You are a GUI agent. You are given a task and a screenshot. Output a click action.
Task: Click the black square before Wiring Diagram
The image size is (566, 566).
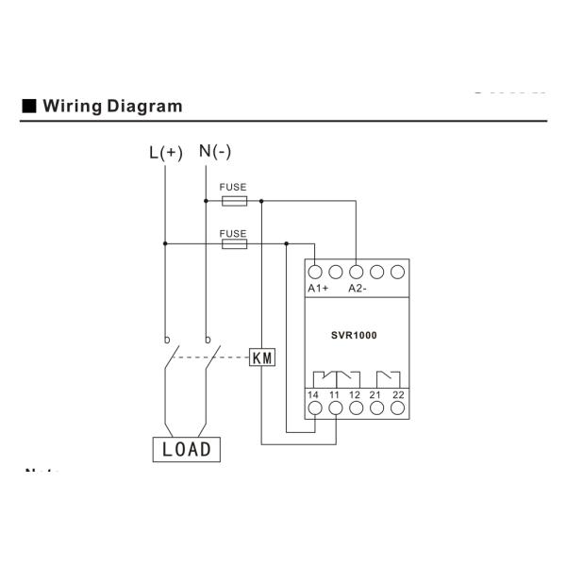(x=28, y=106)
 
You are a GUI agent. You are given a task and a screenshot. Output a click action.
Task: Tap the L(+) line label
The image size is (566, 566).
(x=166, y=153)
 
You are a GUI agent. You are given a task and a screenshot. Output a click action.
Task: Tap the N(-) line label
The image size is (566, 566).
(x=215, y=152)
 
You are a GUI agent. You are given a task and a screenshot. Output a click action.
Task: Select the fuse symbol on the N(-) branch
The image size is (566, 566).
(x=233, y=201)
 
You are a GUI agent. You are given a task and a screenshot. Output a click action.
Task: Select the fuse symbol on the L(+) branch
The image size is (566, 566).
(x=233, y=243)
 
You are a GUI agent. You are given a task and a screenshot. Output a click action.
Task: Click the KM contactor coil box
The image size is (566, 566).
(x=261, y=358)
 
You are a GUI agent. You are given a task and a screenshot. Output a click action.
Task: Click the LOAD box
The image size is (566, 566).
(x=187, y=449)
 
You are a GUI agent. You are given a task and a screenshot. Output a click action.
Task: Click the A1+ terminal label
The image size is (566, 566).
(x=318, y=288)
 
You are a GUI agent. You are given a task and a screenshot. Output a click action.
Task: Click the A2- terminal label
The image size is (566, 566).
(x=358, y=288)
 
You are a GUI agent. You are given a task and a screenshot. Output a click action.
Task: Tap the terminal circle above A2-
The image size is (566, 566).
(x=356, y=273)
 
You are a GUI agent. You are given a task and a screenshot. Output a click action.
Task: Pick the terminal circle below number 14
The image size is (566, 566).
(x=314, y=408)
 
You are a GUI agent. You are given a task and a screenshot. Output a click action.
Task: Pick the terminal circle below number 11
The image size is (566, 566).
(x=335, y=408)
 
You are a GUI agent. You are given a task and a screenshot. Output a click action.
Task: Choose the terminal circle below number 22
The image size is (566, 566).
(x=397, y=408)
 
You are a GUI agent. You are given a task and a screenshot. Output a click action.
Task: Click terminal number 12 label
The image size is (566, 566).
(x=356, y=393)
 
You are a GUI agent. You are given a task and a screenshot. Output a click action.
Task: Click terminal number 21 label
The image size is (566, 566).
(x=376, y=393)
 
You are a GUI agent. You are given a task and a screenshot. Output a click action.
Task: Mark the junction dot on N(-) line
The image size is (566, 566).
(x=206, y=201)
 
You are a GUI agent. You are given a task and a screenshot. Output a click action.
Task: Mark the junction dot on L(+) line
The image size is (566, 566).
(x=165, y=243)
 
